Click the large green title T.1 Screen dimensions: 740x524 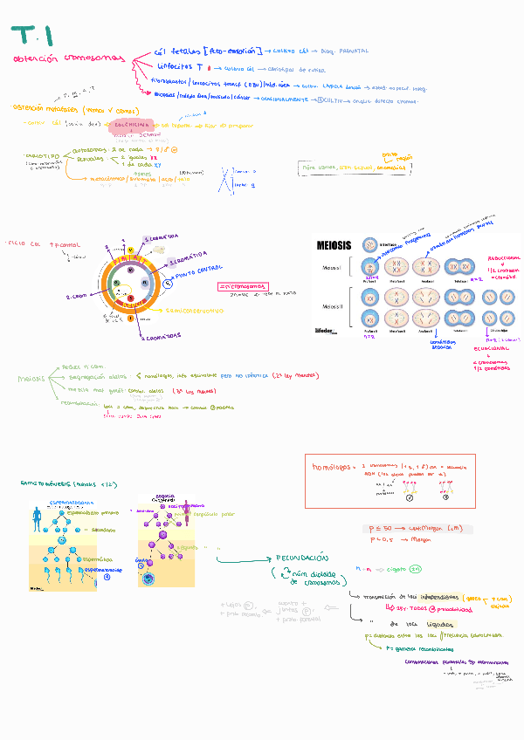[33, 36]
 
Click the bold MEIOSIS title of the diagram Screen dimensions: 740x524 [334, 246]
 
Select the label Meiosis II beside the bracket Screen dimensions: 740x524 [332, 305]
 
